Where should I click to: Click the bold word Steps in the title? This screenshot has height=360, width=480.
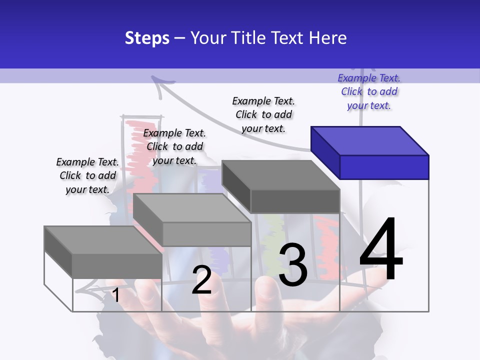click(147, 38)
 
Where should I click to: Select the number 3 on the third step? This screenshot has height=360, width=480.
click(292, 265)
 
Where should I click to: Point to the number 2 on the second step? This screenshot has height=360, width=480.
click(201, 280)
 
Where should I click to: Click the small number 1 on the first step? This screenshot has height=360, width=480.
click(116, 295)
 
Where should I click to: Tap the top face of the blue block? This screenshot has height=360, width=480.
click(369, 140)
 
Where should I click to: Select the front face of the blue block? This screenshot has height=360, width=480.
click(384, 167)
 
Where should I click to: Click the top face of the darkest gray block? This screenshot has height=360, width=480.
click(280, 175)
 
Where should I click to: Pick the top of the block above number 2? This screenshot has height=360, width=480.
click(191, 208)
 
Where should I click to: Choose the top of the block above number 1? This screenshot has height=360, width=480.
click(102, 240)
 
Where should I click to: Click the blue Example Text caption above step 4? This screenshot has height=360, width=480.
click(369, 91)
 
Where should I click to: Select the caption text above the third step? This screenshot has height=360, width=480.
click(263, 114)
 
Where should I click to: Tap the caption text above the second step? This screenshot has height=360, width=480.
click(174, 146)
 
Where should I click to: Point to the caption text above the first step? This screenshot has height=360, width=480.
click(87, 175)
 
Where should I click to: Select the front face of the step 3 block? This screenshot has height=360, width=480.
click(295, 201)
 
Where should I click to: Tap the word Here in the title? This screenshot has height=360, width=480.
click(328, 38)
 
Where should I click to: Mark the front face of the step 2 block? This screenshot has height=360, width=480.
click(206, 234)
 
